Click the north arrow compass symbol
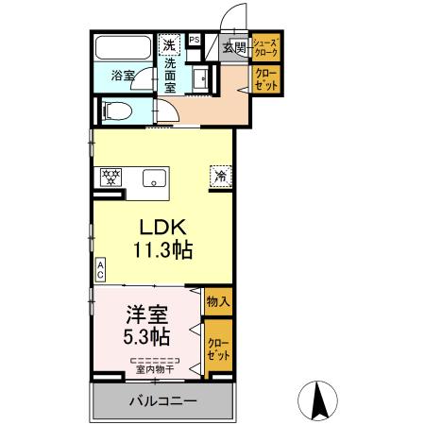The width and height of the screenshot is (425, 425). pos(317,400)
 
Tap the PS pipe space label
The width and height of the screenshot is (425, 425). pos(195,40)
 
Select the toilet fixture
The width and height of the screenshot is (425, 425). pos(117,111)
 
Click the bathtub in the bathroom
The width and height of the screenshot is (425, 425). pos(123,47)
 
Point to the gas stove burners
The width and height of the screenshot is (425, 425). pos(110,178)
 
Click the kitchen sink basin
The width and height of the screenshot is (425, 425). pos(154,178)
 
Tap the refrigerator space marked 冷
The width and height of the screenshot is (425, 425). pos(221,177)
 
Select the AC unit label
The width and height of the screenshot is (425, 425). pos(100,270)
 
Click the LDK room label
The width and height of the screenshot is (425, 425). pos(163,228)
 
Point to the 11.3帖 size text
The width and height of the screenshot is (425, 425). pos(163,250)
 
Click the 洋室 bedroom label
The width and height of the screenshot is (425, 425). pos(146,314)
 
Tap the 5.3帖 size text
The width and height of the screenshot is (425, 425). pos(146,336)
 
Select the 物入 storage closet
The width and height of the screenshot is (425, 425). pos(218,301)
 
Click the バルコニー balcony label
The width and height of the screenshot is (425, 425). pos(163,400)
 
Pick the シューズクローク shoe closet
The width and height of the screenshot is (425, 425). pos(266,47)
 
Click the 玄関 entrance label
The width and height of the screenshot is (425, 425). pos(234,48)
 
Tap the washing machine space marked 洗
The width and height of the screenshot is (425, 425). pos(169,45)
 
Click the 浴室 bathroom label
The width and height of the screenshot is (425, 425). pos(123,76)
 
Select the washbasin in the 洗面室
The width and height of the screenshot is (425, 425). pos(200,80)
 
